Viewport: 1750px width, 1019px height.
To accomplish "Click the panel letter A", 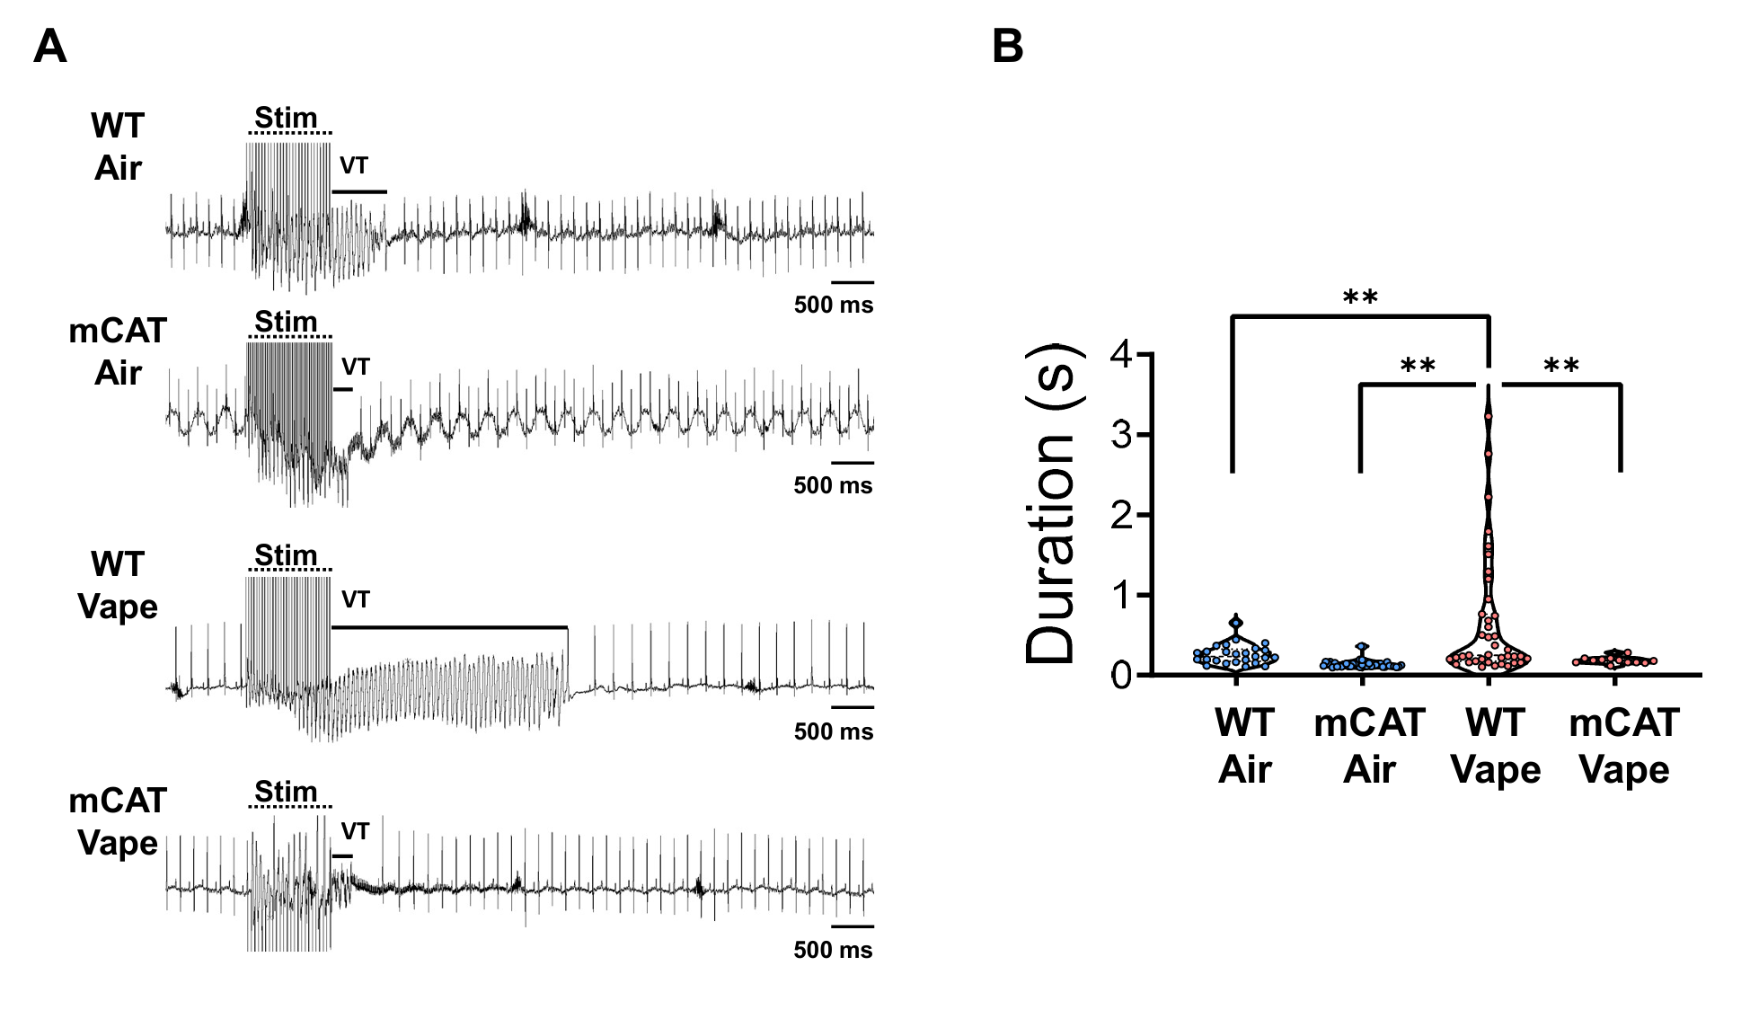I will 49,47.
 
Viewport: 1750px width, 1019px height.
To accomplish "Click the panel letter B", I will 1007,47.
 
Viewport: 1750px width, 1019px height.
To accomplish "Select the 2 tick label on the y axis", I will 1122,515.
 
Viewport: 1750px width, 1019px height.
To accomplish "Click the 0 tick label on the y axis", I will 1122,676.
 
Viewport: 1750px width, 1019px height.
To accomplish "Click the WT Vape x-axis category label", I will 1496,746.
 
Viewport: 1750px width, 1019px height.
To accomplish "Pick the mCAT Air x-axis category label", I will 1369,746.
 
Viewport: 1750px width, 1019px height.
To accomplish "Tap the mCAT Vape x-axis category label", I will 1623,746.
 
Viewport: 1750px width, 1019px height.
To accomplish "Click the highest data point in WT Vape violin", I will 1489,416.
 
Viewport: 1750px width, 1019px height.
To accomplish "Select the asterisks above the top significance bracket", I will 1360,297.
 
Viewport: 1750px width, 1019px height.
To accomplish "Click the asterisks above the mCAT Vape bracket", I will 1561,367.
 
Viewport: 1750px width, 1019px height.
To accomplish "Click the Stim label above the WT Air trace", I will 286,118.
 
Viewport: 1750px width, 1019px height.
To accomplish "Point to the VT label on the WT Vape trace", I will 355,599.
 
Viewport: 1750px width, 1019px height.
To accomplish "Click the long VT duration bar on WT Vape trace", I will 449,626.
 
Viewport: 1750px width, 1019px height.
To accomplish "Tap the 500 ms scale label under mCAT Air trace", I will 833,486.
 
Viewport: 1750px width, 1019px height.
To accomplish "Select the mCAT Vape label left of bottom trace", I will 118,821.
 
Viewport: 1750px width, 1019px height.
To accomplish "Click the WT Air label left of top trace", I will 118,146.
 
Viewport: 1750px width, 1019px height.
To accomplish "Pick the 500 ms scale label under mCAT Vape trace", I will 833,950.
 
